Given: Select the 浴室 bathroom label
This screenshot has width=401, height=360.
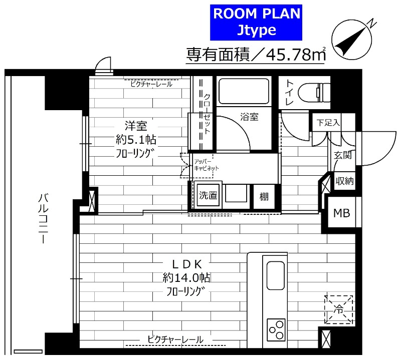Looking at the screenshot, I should pyautogui.click(x=249, y=117).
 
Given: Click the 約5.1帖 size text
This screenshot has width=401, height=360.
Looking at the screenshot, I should pyautogui.click(x=131, y=139).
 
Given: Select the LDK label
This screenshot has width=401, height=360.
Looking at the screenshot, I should pyautogui.click(x=186, y=262).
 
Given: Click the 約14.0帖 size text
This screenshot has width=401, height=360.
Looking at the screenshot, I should pyautogui.click(x=186, y=277).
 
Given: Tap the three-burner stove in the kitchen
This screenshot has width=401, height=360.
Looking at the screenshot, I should pyautogui.click(x=276, y=329).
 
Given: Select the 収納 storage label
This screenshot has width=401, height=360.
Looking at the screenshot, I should pyautogui.click(x=344, y=181).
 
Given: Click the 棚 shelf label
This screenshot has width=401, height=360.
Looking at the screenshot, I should pyautogui.click(x=264, y=196).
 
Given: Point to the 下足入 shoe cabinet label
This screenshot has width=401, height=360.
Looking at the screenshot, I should pyautogui.click(x=328, y=122).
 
